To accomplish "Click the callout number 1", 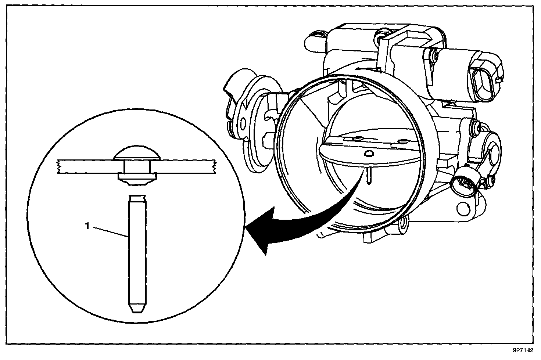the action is pos(87,227).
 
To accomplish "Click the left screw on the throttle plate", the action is pos(356,138).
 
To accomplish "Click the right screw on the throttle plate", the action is pos(403,141).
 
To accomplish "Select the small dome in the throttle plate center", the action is pos(369,152).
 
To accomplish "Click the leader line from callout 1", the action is pos(110,232).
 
